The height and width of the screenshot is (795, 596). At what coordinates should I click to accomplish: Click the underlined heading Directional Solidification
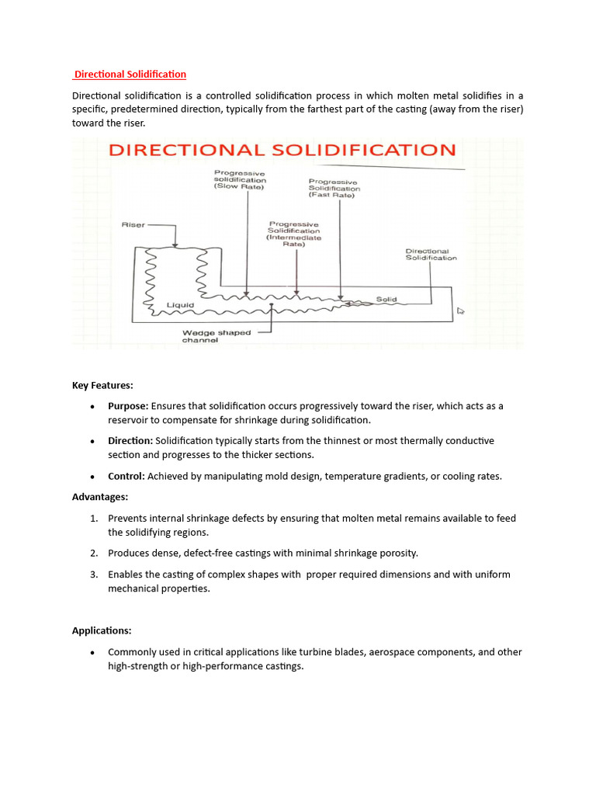click(x=130, y=75)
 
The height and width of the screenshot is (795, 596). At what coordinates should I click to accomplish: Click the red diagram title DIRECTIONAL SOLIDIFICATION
click(x=282, y=150)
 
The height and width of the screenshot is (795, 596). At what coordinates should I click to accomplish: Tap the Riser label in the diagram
click(x=133, y=225)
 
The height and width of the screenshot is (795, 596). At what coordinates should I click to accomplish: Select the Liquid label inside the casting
click(x=180, y=305)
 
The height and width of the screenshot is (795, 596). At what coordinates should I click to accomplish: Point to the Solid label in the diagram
click(x=386, y=298)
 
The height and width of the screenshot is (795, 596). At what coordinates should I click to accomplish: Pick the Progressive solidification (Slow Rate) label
click(x=240, y=180)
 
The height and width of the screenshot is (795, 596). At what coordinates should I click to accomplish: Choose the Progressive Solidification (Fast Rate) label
click(x=334, y=189)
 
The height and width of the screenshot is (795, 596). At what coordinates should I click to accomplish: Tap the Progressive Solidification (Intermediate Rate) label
click(x=293, y=231)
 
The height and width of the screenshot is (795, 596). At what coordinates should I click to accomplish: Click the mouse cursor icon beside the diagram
click(x=461, y=311)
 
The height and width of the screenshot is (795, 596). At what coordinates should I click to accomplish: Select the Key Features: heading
click(x=102, y=385)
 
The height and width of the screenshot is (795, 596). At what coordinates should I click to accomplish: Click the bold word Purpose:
click(x=128, y=406)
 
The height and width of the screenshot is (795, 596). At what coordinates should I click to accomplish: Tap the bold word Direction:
click(x=130, y=441)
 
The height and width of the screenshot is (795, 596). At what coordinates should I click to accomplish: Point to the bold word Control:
click(x=126, y=476)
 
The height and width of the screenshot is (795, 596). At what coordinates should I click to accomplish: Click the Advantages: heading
click(x=100, y=497)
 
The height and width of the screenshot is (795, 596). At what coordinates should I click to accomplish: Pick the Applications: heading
click(x=102, y=630)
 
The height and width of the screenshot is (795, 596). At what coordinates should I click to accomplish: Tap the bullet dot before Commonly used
click(x=92, y=652)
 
